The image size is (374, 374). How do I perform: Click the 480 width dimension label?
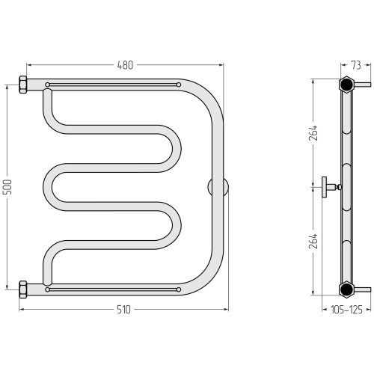[x=125, y=65]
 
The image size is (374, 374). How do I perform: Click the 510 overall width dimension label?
[x=123, y=310]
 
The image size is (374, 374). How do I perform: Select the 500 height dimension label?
[x=8, y=187]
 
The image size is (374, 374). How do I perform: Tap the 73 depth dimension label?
[x=356, y=65]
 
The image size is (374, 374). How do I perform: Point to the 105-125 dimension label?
[x=346, y=310]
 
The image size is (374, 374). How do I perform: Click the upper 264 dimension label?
[x=313, y=133]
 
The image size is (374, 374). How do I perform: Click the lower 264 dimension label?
[x=313, y=241]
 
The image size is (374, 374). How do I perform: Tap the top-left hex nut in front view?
[x=23, y=85]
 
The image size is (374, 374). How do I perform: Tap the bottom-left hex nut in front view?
[x=23, y=289]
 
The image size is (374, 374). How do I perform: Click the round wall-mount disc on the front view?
[x=218, y=187]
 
